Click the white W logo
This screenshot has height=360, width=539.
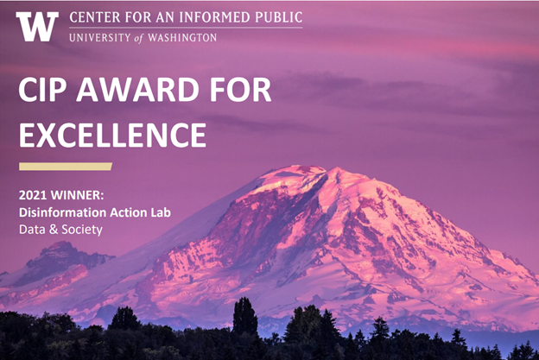tap(37, 27)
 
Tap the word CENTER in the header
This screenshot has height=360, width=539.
tap(95, 16)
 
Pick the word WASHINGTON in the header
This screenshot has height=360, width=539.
tap(181, 37)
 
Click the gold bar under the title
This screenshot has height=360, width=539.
tap(65, 166)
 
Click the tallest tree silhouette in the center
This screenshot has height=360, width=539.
tap(245, 315)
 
